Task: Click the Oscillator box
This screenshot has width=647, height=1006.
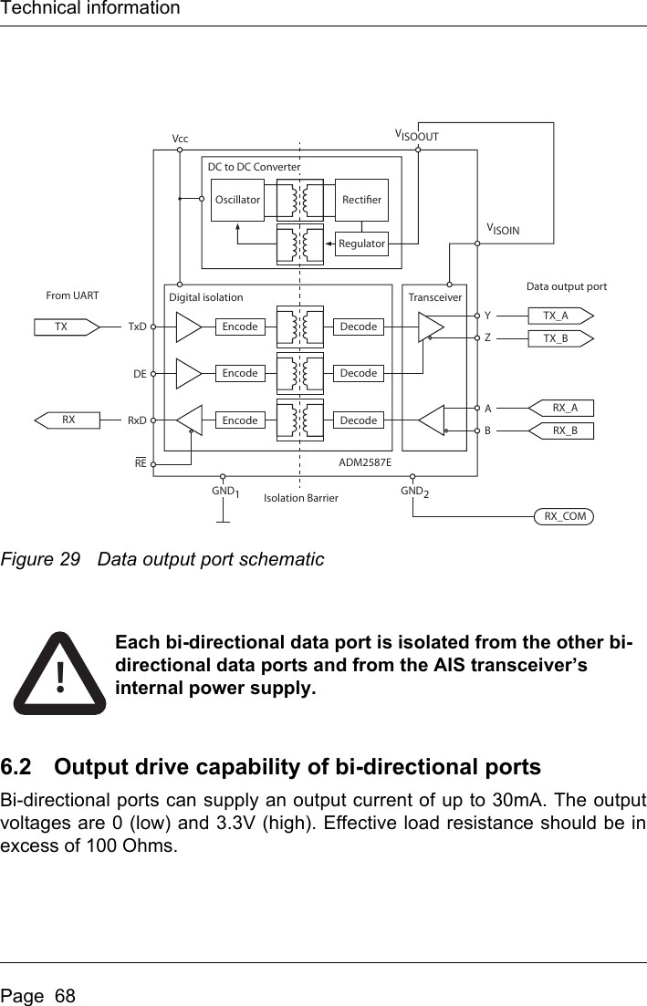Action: (x=236, y=200)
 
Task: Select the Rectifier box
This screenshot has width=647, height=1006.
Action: (x=361, y=200)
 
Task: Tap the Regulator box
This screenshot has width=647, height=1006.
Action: (x=361, y=244)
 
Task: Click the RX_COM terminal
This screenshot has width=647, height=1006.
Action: (x=564, y=517)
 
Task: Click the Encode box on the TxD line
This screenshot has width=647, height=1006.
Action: (x=240, y=326)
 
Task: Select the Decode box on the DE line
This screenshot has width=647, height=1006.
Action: (x=358, y=373)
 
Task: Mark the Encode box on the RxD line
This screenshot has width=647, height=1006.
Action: (x=240, y=420)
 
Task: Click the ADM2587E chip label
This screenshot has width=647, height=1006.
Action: (x=365, y=463)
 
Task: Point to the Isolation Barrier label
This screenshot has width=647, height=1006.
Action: (x=301, y=498)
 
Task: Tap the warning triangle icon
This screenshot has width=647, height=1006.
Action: (x=59, y=673)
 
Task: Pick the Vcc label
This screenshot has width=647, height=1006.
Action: (x=180, y=139)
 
